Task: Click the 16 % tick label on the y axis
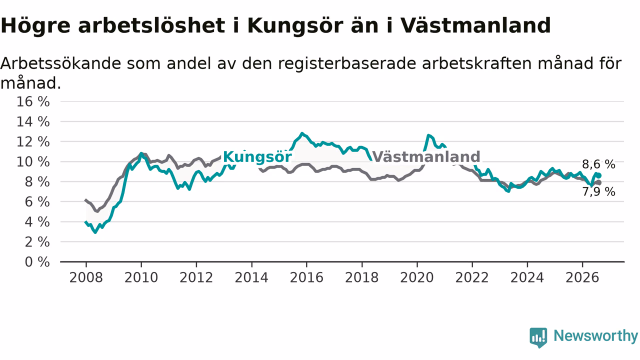tap(33, 101)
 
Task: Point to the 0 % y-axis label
tap(37, 262)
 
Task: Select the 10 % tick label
tap(33, 162)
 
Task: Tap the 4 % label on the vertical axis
tap(37, 222)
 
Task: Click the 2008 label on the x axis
tap(86, 277)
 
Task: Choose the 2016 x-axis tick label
tap(306, 277)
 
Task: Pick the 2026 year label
tap(582, 277)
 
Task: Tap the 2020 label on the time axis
tap(417, 277)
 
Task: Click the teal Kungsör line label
tap(257, 157)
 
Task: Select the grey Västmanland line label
tap(426, 156)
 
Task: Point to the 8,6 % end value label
tap(598, 164)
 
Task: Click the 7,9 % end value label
tap(598, 191)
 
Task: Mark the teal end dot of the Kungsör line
tap(599, 175)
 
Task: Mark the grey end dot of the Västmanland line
tap(599, 182)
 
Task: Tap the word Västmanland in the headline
tap(475, 25)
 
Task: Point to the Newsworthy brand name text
tap(595, 335)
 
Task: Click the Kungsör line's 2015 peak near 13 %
tap(301, 133)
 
